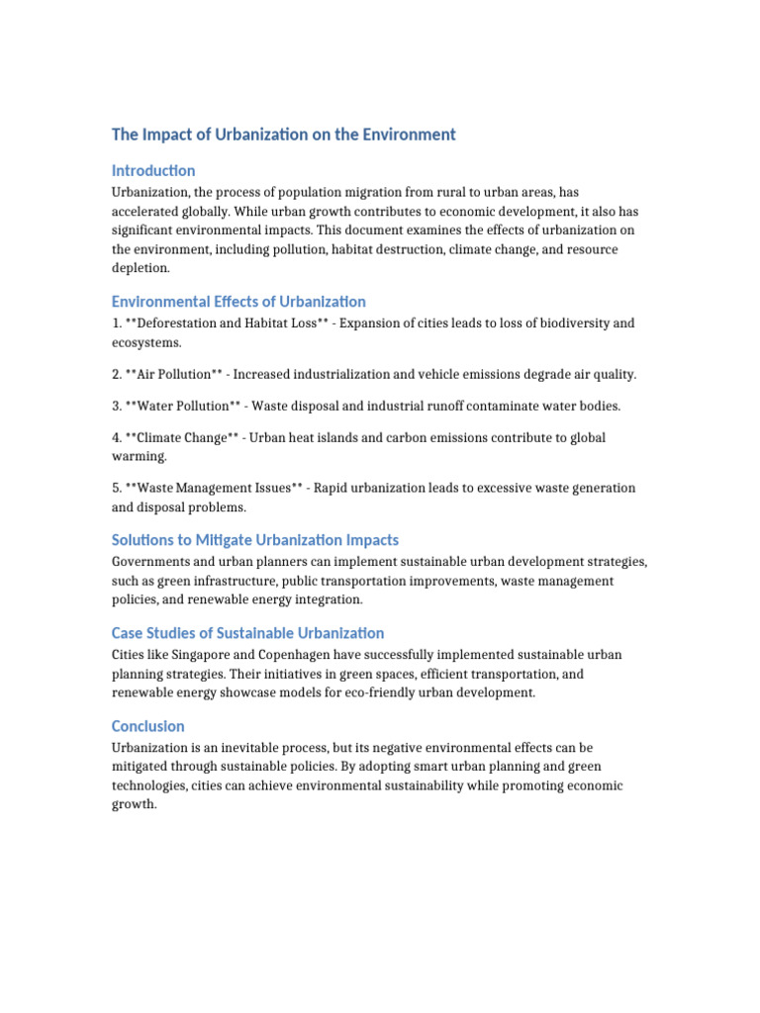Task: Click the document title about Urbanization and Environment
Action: [283, 135]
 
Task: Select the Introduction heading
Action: [153, 170]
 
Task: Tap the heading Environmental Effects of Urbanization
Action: [238, 302]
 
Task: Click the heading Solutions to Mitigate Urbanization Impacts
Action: [255, 540]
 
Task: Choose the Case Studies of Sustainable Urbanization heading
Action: [247, 633]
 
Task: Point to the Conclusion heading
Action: [148, 726]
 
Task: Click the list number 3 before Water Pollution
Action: [116, 406]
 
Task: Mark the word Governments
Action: [153, 562]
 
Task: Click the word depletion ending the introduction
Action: [141, 268]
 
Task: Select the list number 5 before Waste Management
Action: [116, 488]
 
